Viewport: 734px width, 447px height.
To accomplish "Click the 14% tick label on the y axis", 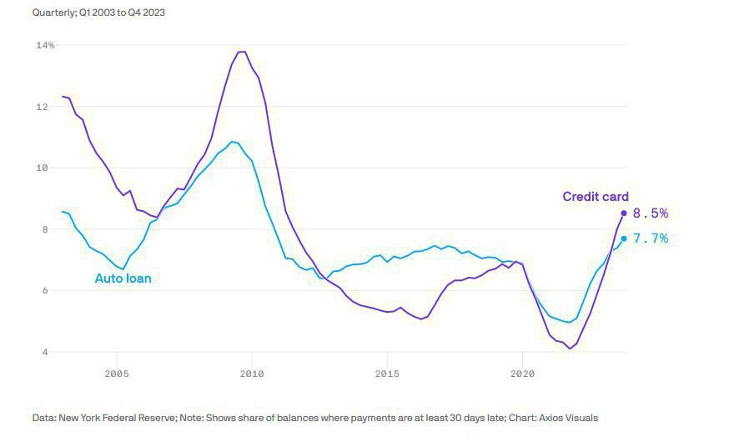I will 45,45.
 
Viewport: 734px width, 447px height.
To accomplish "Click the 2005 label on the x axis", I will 116,374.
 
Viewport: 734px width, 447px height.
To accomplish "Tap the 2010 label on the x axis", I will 251,374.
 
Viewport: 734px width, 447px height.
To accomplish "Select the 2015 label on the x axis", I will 387,374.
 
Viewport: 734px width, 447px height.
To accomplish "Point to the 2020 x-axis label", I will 522,374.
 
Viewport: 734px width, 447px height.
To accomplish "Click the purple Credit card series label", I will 596,197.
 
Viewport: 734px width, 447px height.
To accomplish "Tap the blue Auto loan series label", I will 123,279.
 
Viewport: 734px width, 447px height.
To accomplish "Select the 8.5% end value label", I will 651,213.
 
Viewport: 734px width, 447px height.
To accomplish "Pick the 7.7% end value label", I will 651,239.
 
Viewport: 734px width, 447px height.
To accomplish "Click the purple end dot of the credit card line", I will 624,213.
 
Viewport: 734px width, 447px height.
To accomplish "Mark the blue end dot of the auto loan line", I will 624,239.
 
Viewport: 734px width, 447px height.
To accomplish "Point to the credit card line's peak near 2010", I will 241,52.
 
